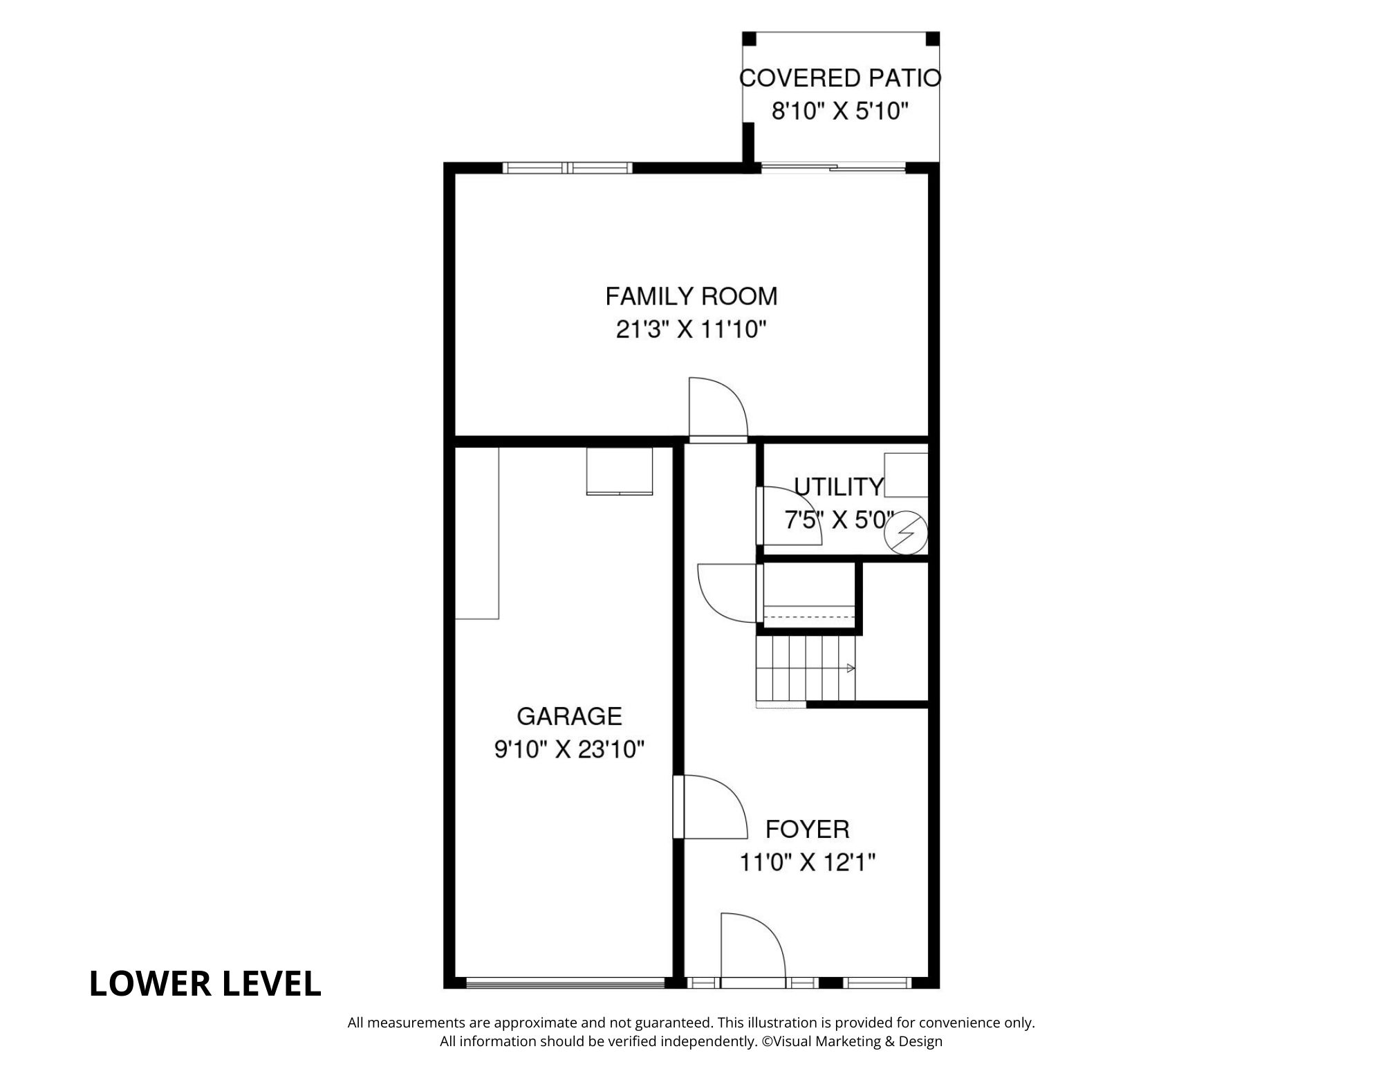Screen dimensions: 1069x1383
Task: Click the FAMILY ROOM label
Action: click(x=691, y=296)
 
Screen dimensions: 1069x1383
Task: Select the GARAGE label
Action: click(x=569, y=716)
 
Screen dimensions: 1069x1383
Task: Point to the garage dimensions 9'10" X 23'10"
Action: click(x=569, y=749)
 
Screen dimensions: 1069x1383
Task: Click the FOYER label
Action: click(x=807, y=829)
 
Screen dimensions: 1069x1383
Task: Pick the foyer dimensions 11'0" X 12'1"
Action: click(x=807, y=863)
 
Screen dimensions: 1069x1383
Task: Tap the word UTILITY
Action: click(x=838, y=487)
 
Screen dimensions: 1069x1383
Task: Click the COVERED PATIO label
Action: click(x=840, y=77)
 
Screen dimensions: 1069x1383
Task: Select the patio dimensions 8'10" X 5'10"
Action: click(x=839, y=111)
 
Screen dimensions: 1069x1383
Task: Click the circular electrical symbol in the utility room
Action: click(x=907, y=533)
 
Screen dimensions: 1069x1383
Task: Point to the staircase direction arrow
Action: click(x=851, y=668)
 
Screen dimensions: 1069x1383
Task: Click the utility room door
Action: click(x=788, y=516)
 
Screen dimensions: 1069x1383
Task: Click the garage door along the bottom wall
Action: click(x=565, y=982)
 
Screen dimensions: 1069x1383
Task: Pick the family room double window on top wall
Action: click(x=567, y=167)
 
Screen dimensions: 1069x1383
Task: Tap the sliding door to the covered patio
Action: click(x=833, y=167)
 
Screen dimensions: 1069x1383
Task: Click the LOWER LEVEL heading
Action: click(x=205, y=983)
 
